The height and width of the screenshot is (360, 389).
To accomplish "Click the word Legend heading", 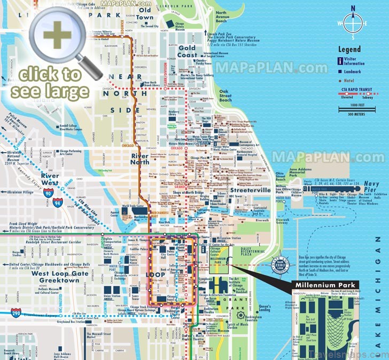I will pyautogui.click(x=349, y=49).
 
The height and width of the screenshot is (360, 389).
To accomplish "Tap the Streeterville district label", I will pyautogui.click(x=251, y=190).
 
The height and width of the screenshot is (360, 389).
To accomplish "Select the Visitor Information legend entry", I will pyautogui.click(x=357, y=60).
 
